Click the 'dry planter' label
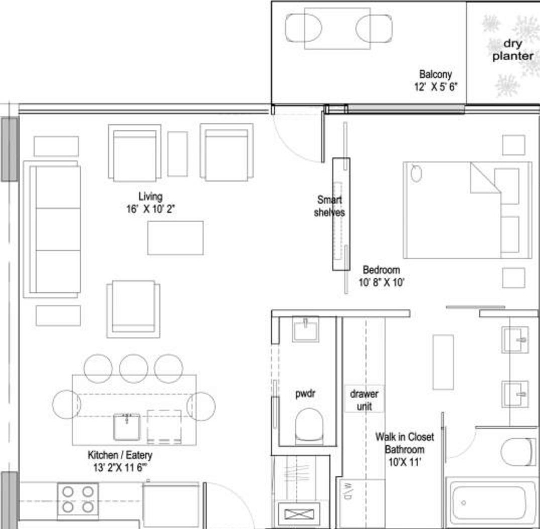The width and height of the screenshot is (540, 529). point(513,50)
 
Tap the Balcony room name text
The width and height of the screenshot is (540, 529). point(435,75)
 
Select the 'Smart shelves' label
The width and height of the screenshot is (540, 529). point(330,206)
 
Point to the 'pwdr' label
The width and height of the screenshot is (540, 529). point(305,393)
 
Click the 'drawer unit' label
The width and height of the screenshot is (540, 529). point(364,400)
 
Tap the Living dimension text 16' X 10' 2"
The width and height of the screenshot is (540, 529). point(150,209)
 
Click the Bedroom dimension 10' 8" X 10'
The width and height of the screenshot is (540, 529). point(381,282)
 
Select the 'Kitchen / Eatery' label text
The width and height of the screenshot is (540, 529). point(120,455)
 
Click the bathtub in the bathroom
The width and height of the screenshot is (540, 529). point(491,502)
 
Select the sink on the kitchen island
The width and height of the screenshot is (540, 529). point(127,426)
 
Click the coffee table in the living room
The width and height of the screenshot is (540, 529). point(175,238)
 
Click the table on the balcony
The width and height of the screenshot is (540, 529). point(337,29)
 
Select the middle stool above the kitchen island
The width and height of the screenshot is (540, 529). point(133,367)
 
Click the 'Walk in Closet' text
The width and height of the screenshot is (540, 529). point(404,437)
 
